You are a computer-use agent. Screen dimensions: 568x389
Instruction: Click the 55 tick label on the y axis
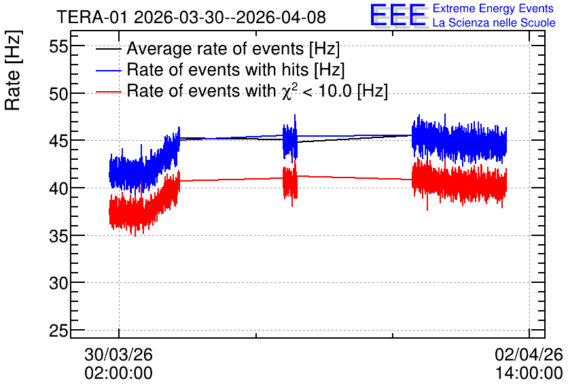coord(58,47)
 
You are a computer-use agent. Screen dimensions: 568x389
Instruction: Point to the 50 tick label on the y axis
coord(58,94)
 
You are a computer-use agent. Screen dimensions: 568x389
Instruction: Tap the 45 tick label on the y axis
coord(58,141)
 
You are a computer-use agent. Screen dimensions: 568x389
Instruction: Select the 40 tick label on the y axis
coord(58,188)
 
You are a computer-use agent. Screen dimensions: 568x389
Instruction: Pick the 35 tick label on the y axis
coord(58,236)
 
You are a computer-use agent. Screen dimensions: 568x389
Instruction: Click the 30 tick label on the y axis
coord(58,283)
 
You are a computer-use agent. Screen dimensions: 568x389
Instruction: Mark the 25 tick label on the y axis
coord(58,331)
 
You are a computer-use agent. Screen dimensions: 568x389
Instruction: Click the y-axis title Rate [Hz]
coord(13,70)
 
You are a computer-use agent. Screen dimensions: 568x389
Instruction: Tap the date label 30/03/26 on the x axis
coord(118,354)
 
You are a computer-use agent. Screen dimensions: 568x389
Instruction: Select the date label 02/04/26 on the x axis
coord(529,354)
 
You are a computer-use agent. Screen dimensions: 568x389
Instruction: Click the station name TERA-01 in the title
coord(92,17)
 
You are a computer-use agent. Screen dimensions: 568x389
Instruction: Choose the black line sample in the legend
coord(108,49)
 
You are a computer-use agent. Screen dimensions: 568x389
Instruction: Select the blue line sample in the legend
coord(108,70)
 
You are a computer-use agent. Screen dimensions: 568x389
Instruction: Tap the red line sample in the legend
coord(108,92)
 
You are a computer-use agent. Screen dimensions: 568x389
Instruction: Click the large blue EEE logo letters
coord(397,15)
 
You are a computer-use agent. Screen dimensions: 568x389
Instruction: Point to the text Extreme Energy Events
coord(493,8)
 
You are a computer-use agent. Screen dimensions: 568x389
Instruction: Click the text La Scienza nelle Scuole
coord(494,23)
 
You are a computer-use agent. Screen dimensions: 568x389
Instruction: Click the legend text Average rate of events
coord(215,48)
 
